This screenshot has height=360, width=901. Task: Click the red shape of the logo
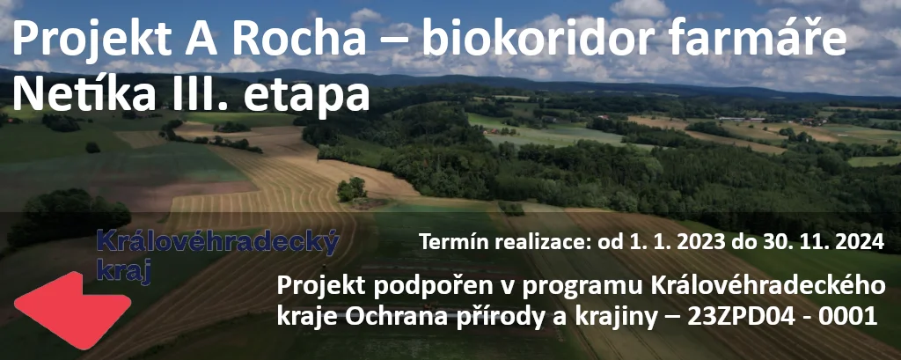coord(72,311)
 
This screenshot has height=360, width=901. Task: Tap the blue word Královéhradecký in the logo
coord(218,243)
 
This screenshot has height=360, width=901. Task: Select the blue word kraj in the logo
coord(123,272)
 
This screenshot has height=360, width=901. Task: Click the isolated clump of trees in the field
coord(352,189)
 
